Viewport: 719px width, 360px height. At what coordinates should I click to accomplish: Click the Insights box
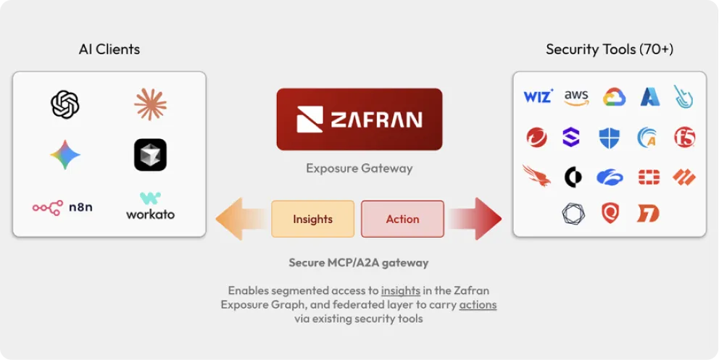coord(312,219)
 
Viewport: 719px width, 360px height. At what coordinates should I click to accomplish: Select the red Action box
coord(402,219)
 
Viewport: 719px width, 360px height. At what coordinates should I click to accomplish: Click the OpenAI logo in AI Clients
coord(65,104)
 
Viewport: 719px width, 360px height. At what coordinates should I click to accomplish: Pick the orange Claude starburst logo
coord(150,104)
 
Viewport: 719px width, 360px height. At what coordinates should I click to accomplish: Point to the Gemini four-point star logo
coord(65,155)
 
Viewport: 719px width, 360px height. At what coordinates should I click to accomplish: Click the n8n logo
coord(62,208)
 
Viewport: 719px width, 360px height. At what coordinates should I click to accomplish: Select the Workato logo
coord(150,206)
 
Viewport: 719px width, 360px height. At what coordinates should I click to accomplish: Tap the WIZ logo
coord(538,96)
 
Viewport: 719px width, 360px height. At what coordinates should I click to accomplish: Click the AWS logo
coord(576,97)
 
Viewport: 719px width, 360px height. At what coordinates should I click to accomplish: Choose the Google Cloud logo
coord(614,97)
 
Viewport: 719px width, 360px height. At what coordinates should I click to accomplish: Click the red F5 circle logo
coord(683,137)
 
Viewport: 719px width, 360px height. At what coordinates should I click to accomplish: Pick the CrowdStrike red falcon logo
coord(536,175)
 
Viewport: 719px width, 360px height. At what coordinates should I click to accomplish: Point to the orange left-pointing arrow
coord(239,219)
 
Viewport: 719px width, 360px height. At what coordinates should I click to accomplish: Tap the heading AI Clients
coord(109,50)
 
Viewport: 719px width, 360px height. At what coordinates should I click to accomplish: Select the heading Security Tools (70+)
coord(609,50)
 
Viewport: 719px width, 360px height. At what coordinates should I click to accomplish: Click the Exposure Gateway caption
coord(359,169)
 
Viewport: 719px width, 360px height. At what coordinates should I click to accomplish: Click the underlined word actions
coord(478,305)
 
